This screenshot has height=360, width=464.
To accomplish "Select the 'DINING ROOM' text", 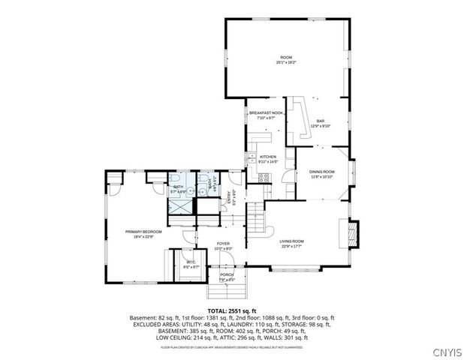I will [x=323, y=172].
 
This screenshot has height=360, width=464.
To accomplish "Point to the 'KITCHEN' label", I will [x=268, y=157].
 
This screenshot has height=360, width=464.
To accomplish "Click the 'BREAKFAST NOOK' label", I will [x=267, y=113].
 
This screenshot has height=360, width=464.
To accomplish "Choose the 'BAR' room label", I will [x=320, y=121].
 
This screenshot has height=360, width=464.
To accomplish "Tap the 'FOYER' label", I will [x=223, y=244].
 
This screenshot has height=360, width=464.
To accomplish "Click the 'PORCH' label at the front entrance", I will [x=227, y=274].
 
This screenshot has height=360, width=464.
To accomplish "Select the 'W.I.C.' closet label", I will [x=191, y=262].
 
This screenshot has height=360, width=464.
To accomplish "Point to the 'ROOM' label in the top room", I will [x=286, y=58].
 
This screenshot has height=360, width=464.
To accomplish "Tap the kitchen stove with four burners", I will [x=264, y=178].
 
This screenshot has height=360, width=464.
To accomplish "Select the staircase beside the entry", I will [x=258, y=217].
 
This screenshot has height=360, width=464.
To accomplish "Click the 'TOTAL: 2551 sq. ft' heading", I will [x=231, y=310].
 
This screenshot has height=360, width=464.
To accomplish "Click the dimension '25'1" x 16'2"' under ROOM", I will [x=286, y=63].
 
